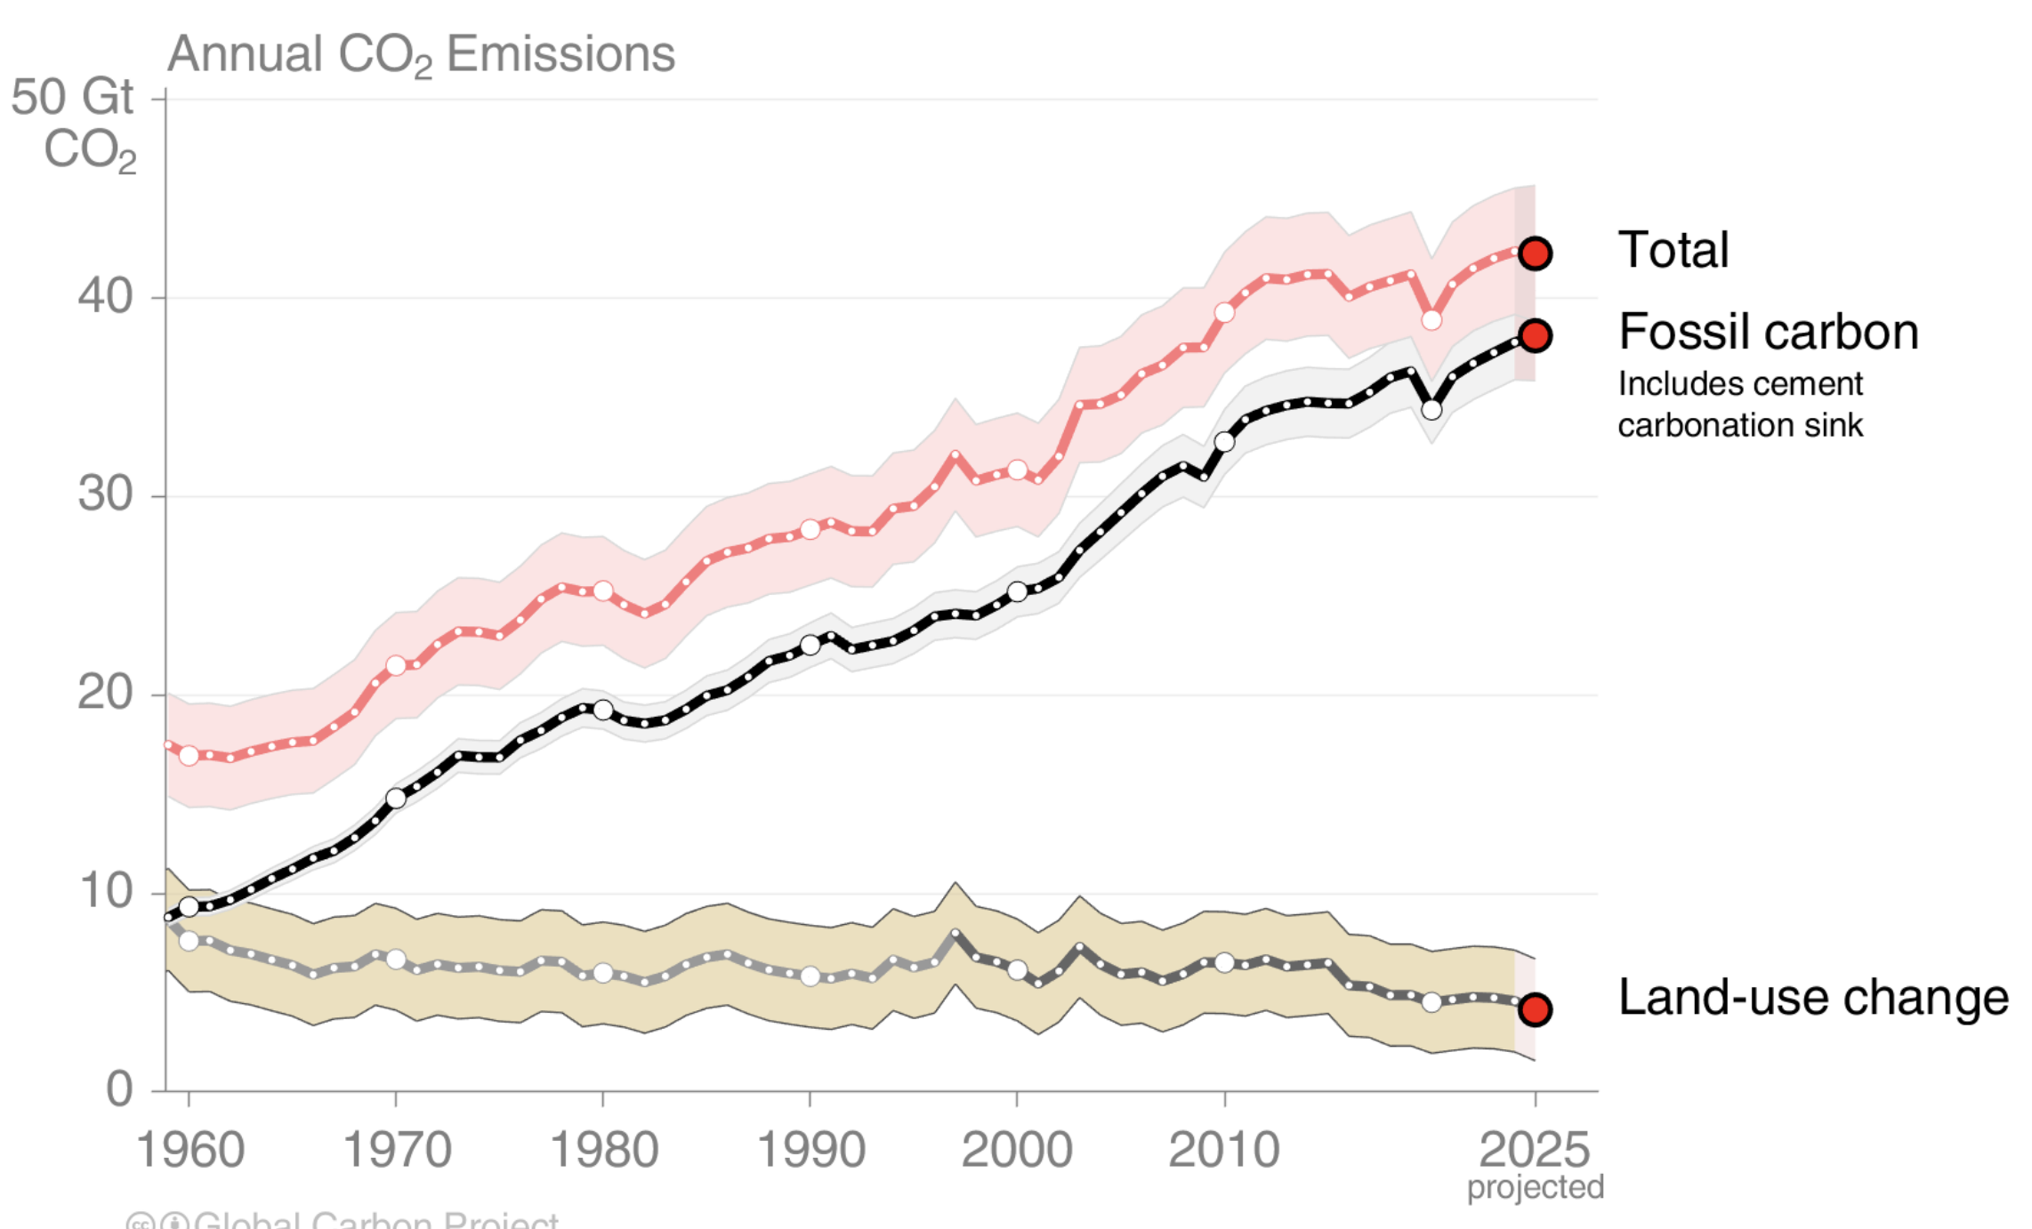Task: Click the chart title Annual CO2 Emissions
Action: (x=421, y=55)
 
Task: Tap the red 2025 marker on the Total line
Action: (x=1535, y=253)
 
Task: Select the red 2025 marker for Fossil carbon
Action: (x=1535, y=336)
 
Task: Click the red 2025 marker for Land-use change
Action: (x=1535, y=1009)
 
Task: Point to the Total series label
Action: (x=1673, y=250)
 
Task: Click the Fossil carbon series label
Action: (x=1768, y=333)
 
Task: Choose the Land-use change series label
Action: (x=1812, y=998)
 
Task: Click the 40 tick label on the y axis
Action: (x=105, y=296)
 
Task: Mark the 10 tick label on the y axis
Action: (x=105, y=891)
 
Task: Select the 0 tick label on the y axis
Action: (x=119, y=1089)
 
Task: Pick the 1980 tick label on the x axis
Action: (x=604, y=1150)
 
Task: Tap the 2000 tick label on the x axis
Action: (x=1016, y=1150)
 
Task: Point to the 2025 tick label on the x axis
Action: (x=1534, y=1150)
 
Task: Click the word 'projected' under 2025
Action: (x=1535, y=1188)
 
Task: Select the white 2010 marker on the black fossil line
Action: (x=1224, y=442)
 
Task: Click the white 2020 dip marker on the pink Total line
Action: (x=1431, y=320)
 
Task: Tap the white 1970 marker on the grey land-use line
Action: (x=396, y=960)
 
